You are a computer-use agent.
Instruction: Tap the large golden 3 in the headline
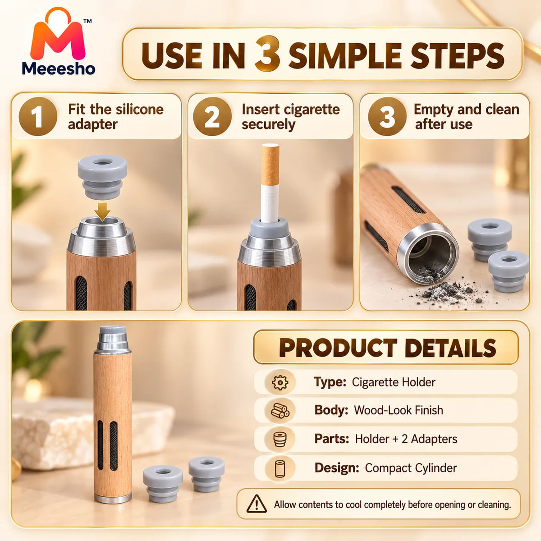coord(267,53)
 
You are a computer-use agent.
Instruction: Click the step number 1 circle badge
coord(38,116)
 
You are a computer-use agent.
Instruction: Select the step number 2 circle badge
coord(212,116)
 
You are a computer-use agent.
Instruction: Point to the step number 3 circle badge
coord(387,116)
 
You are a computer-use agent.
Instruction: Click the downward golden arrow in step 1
coord(102,211)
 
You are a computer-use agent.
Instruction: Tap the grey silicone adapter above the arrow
coord(102,177)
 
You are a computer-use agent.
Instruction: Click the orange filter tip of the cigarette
coord(270,165)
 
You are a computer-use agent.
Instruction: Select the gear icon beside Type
coord(280,382)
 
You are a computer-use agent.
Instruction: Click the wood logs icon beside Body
coord(280,410)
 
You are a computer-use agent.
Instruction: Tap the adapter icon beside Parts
coord(280,439)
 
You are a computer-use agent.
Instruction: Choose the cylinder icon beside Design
coord(280,468)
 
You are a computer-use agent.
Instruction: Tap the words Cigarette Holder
coord(394,382)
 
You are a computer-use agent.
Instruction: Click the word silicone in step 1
coord(139,109)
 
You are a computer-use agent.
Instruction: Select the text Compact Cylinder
coord(411,468)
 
